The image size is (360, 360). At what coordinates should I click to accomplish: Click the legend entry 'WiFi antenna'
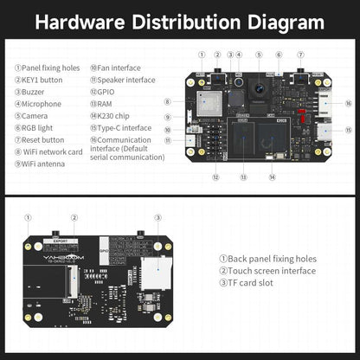(40, 163)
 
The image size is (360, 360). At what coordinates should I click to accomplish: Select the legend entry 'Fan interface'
(119, 66)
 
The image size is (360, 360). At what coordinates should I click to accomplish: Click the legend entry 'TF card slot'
(251, 282)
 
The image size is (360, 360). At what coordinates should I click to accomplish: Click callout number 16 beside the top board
(348, 103)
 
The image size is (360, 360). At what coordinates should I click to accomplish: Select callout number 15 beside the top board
(348, 132)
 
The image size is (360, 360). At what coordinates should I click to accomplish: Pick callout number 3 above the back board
(158, 218)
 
